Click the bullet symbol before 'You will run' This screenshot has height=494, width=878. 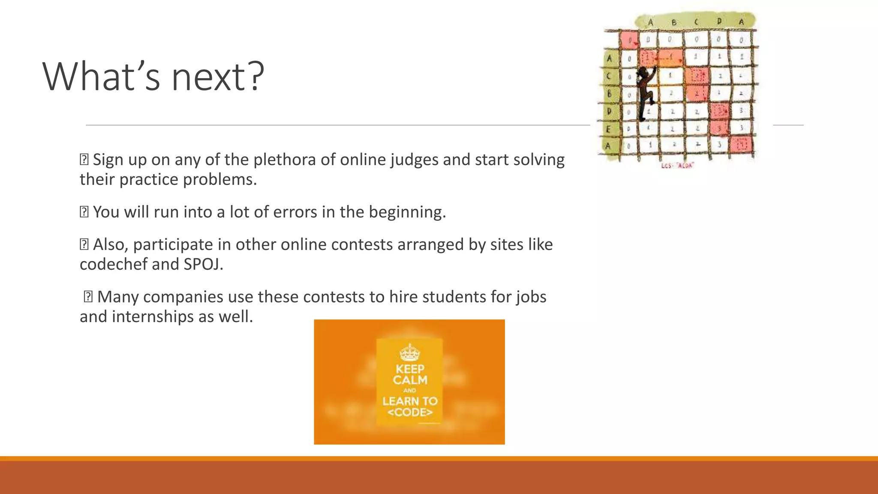(84, 212)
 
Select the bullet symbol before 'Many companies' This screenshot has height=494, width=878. (88, 297)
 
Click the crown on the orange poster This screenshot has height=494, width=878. (409, 352)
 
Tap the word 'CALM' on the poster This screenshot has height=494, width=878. (410, 380)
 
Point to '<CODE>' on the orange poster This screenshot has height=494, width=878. (410, 413)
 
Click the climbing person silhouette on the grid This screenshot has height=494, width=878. (645, 92)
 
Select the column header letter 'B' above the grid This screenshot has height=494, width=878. (674, 22)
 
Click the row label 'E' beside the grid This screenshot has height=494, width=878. (608, 128)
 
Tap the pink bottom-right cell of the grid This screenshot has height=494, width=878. (742, 145)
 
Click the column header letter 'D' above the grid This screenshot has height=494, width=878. (719, 21)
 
